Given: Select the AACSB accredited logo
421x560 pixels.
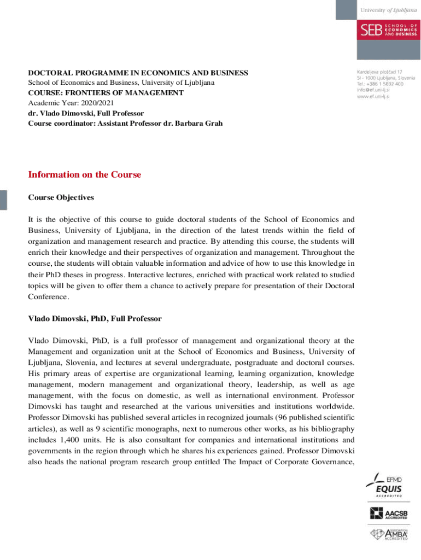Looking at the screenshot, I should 388,513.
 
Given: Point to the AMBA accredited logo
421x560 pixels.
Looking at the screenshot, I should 388,534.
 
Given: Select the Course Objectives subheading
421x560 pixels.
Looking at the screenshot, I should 61,197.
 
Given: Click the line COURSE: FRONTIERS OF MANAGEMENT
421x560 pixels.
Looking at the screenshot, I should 106,93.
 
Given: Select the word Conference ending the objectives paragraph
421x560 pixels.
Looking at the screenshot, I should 48,297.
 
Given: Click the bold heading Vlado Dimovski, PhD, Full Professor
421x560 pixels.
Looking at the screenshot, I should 95,318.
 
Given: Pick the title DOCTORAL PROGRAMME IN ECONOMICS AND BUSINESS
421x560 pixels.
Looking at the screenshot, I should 138,73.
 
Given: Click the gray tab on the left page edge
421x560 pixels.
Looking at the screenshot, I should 3,200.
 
